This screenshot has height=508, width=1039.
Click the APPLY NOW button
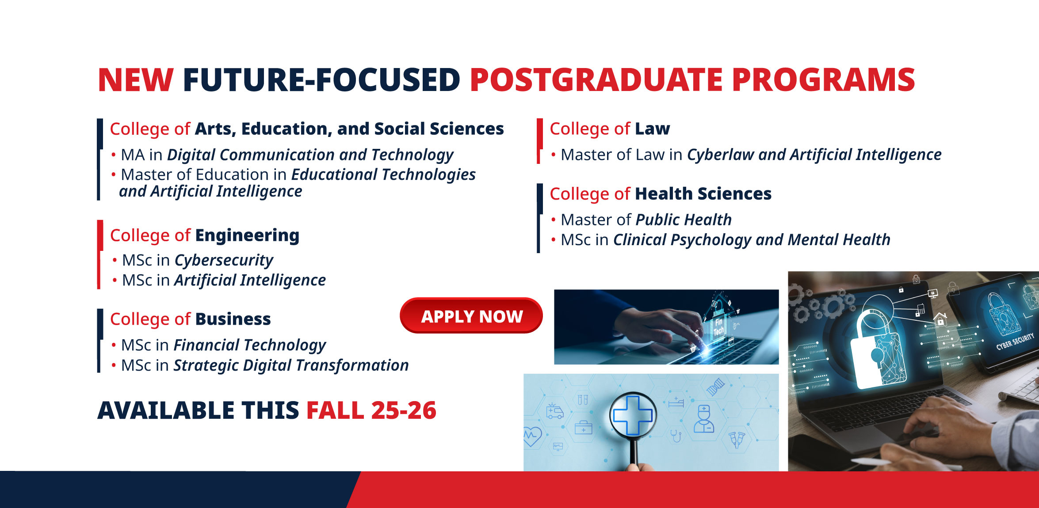point(471,315)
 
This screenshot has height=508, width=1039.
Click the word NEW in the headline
point(136,80)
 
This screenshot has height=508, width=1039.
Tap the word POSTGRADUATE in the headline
point(596,80)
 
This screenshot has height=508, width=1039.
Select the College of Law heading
point(610,129)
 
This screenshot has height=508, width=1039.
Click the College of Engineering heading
point(205,235)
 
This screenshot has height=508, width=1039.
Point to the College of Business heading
point(190,319)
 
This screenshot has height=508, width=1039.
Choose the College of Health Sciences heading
point(661,194)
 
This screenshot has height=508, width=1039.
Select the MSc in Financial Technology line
point(219,345)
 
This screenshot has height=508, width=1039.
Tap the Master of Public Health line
point(641,220)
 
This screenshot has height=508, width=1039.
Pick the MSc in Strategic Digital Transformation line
point(260,365)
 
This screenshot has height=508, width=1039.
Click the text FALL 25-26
point(371,410)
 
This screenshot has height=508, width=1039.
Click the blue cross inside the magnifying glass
point(633,415)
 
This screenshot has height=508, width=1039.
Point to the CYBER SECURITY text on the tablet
point(1015,341)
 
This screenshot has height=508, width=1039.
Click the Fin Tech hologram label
point(718,326)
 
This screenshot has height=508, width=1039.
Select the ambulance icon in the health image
point(554,411)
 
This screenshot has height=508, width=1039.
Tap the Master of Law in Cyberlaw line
point(746,155)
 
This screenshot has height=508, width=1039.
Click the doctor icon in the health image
point(703,419)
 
